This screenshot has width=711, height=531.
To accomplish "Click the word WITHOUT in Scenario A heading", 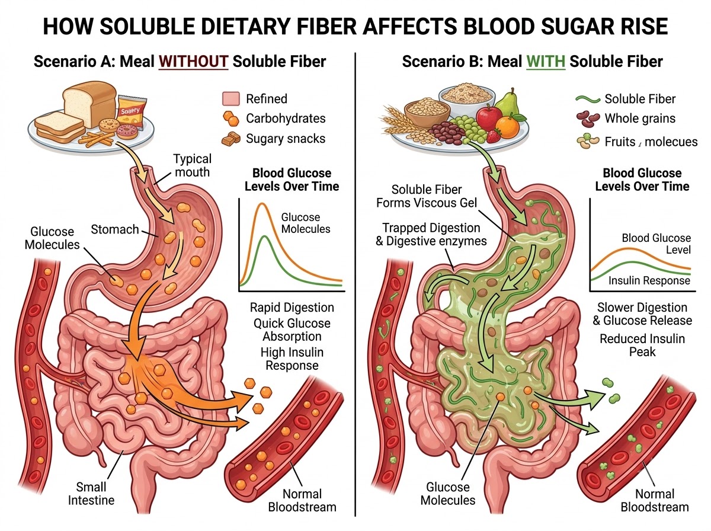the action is coord(193,62).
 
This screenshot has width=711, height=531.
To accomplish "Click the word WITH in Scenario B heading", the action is coord(546,62).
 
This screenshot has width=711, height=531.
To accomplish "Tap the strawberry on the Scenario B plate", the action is coord(494,136).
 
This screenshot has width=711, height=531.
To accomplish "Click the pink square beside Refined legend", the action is coord(231,99).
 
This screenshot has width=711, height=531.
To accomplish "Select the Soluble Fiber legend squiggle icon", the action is coord(588,99).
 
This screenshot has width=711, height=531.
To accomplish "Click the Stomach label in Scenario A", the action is coord(115,229).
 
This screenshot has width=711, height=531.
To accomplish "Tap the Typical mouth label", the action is coord(193,165).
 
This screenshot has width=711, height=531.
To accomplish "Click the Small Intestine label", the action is coord(91,494).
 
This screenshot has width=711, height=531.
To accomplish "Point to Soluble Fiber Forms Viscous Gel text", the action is coord(427,196).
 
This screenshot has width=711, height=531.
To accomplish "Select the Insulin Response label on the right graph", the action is coord(649,280).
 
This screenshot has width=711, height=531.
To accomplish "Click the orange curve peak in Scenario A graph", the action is coord(262,204).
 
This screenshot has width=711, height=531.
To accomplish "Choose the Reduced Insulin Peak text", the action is coord(642,346).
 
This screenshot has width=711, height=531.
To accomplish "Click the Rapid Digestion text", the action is coord(292,308).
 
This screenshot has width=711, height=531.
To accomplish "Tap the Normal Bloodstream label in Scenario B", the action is coord(655,501).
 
